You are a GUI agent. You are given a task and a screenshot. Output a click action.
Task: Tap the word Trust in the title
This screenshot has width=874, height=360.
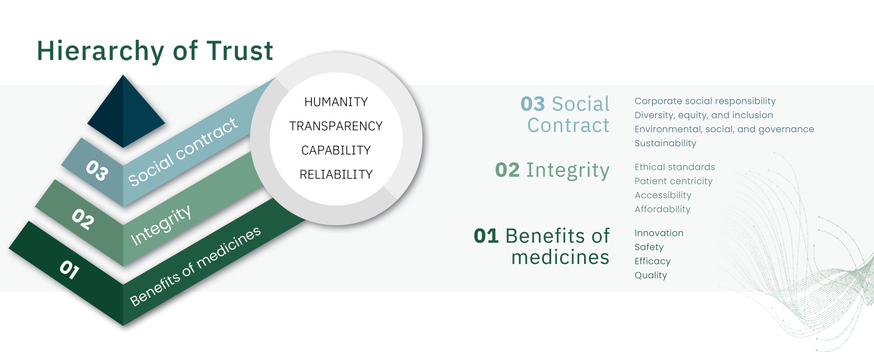tap(239, 51)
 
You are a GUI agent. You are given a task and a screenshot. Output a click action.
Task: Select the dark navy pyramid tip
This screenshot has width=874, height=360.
tap(126, 112)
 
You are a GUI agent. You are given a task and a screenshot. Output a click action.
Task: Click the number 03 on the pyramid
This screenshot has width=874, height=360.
tap(97, 170)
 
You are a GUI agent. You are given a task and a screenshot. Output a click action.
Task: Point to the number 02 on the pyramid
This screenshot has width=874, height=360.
tap(83, 219)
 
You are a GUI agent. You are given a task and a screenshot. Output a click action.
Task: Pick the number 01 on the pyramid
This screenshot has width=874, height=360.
tap(70, 269)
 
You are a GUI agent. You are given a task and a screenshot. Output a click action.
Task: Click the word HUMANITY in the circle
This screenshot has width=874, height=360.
tap(336, 102)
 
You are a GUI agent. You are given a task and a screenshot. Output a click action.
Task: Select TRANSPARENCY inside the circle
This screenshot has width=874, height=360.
tap(336, 126)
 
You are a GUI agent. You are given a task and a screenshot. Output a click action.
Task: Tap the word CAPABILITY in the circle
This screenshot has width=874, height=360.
tap(336, 150)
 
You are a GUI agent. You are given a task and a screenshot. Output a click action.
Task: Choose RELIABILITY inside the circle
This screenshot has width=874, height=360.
tap(336, 174)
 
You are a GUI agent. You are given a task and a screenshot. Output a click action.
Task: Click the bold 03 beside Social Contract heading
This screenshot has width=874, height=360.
tap(533, 104)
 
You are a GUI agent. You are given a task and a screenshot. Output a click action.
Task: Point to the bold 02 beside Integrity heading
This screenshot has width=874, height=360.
tap(507, 170)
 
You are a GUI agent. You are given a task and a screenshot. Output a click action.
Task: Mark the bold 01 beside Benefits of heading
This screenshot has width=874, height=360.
tap(486, 236)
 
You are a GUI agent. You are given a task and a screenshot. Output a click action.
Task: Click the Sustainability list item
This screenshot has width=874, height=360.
tap(666, 143)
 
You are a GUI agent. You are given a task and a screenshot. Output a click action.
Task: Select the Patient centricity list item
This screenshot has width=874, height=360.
tap(674, 181)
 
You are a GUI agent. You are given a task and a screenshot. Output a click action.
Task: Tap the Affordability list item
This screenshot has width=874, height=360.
tap(662, 209)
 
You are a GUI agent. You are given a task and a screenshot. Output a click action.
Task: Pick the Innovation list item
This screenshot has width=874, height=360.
tap(659, 233)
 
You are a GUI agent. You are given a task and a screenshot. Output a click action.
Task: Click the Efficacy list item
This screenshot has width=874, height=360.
tap(652, 261)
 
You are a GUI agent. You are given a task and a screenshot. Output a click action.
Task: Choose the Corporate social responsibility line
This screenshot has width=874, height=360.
tap(705, 101)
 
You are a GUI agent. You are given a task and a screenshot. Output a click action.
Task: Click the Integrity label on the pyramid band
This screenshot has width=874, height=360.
tap(161, 225)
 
